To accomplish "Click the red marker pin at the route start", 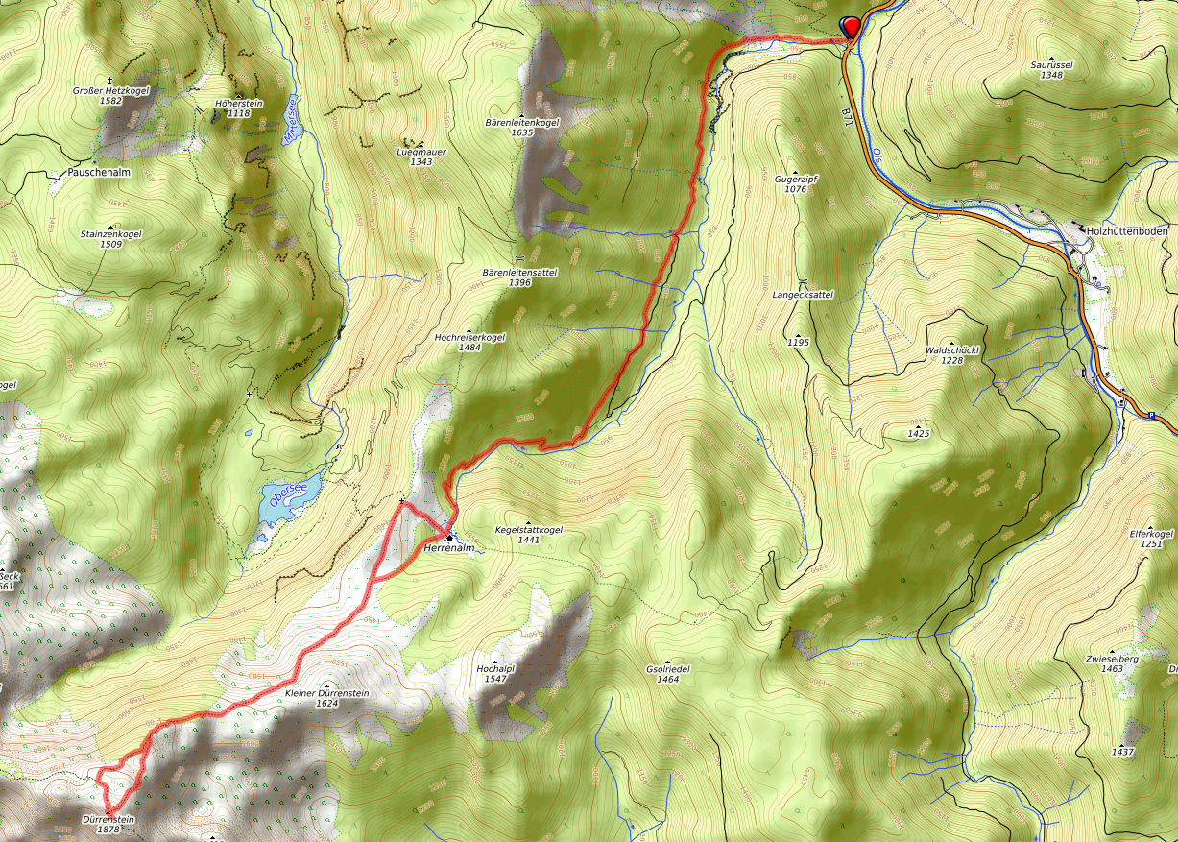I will click(x=850, y=27).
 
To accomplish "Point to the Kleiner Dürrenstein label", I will click(x=326, y=692).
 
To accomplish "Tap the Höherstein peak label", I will click(x=238, y=103).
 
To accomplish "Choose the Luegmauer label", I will click(x=421, y=153).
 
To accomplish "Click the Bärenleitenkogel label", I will click(x=522, y=123).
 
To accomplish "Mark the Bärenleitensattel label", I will click(x=519, y=272).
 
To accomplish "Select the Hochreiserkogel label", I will click(x=469, y=337).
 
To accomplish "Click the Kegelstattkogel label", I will click(x=528, y=529).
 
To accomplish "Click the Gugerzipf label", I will click(x=795, y=179).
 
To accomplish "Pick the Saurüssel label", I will click(x=1051, y=64).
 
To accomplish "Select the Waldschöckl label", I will click(x=951, y=350).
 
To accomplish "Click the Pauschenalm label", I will click(x=99, y=173).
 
